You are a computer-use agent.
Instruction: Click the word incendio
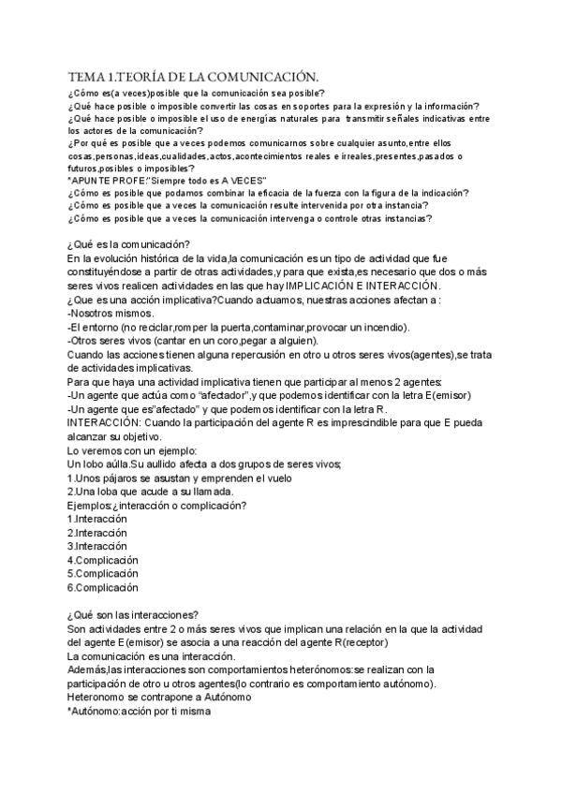pos(385,327)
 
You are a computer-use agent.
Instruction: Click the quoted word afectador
pos(199,396)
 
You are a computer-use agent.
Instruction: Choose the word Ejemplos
pos(90,506)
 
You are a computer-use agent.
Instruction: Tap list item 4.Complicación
pos(103,560)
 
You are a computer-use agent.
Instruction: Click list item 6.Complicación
pos(103,587)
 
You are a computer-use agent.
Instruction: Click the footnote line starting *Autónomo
pos(140,712)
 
